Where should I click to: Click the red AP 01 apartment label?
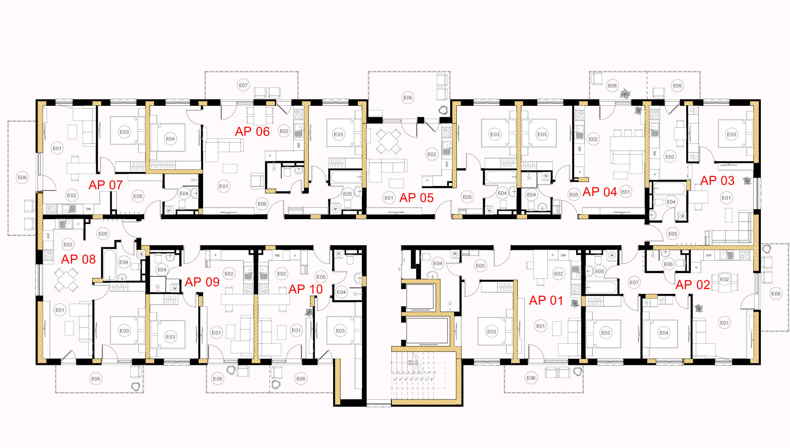coord(546,300)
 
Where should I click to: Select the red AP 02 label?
coord(693,285)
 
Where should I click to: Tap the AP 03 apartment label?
coord(717,180)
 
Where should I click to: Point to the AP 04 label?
coord(599,192)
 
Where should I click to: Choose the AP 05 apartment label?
coord(416,198)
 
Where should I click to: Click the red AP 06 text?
coord(252,131)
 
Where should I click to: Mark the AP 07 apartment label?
coord(105,185)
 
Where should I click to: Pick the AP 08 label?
coord(78,259)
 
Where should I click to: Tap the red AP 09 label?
coord(202,282)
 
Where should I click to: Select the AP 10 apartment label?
coord(305,289)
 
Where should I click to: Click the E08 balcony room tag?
coord(776,293)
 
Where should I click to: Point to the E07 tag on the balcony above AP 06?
coord(243,85)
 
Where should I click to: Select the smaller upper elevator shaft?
coord(420,297)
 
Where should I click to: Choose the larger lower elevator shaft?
coord(427,331)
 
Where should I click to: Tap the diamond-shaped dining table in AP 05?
coord(388,141)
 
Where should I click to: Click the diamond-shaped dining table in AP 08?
coord(66,279)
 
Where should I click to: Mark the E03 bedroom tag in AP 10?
coord(340,331)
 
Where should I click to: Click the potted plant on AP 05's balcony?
coord(443,109)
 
